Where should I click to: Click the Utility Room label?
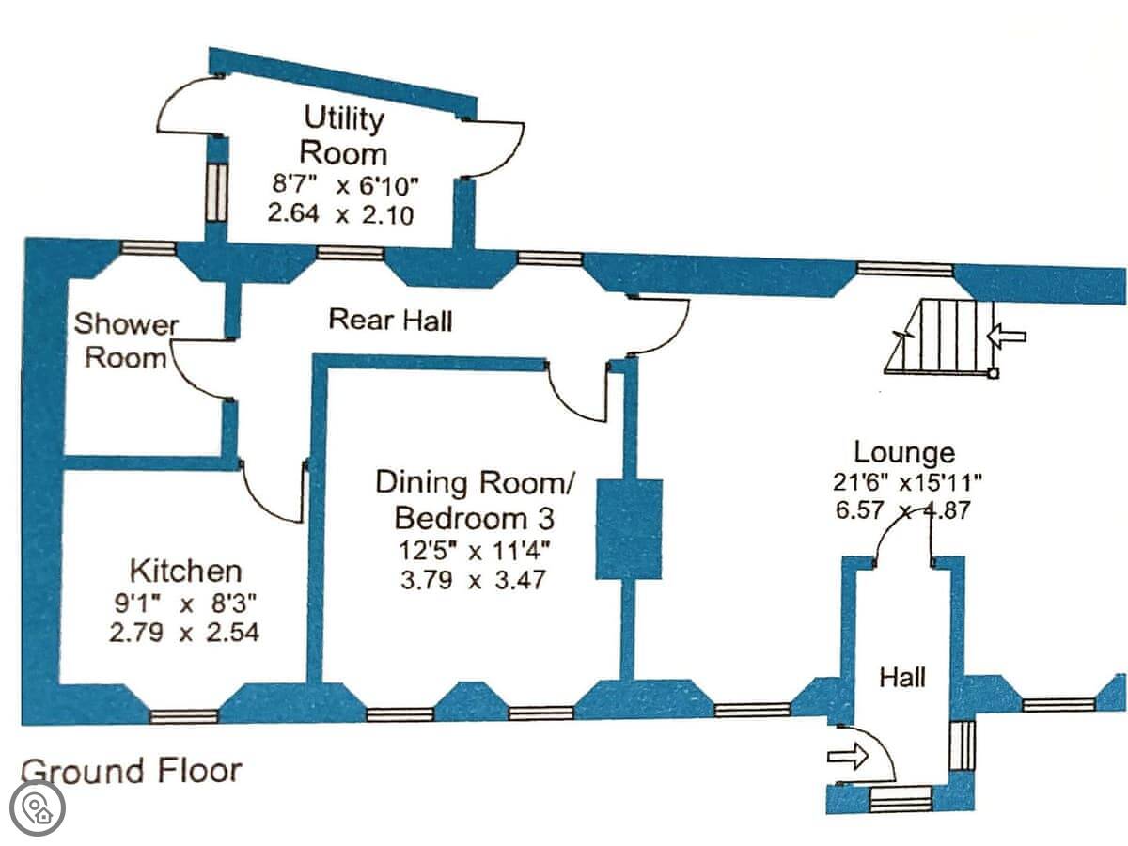coord(344,135)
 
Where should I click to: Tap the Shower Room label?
coord(126,340)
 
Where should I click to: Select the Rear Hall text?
coord(390,321)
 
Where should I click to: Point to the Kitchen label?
coord(185,571)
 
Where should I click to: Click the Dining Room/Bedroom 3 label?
coord(474,500)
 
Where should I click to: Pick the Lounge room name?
coord(904,452)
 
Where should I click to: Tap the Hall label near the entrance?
coord(902,677)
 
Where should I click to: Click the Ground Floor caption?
coord(131,771)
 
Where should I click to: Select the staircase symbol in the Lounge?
coord(940,337)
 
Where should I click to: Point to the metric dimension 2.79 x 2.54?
coord(184,633)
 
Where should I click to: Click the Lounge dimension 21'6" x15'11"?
coord(907,482)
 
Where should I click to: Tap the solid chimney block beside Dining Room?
coord(630,528)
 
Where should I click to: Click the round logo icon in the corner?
coord(39,807)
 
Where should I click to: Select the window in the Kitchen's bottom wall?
coord(183,716)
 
